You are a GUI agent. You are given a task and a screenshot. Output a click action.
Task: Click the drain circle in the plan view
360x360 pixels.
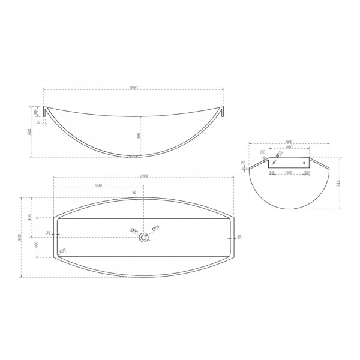143,238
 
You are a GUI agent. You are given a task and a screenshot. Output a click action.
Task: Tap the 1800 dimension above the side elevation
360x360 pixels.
133,88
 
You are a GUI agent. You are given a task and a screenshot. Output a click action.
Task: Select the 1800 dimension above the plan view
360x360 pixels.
143,175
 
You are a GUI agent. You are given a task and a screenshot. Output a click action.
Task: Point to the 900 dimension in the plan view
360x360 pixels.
98,185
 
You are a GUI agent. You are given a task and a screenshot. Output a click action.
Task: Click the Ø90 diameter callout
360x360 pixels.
134,230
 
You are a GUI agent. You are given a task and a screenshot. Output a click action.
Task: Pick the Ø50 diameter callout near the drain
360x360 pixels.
156,227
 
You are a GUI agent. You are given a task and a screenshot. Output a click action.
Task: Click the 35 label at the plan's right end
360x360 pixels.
239,238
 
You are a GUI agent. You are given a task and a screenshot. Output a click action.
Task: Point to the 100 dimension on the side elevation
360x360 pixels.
37,110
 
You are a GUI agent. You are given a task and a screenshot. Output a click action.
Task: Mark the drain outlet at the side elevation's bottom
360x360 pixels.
133,159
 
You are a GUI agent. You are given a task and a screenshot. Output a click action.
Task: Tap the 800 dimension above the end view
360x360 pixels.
289,142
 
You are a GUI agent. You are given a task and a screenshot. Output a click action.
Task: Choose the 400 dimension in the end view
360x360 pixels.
289,147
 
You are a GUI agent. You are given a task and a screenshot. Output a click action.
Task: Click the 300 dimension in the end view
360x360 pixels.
289,173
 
